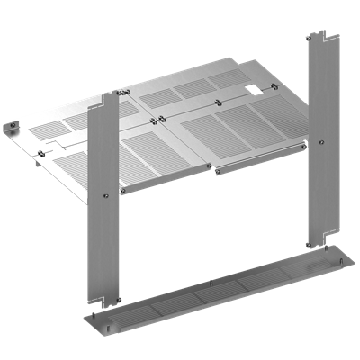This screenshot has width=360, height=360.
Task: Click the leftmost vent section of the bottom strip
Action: coord(135,305)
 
